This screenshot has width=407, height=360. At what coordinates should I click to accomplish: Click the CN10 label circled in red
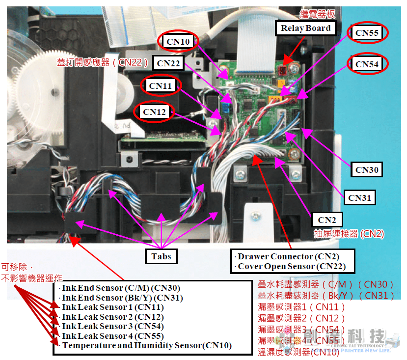pyautogui.click(x=178, y=41)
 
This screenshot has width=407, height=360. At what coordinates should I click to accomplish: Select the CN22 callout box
pyautogui.click(x=168, y=63)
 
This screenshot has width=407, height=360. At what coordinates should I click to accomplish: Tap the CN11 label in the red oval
pyautogui.click(x=160, y=85)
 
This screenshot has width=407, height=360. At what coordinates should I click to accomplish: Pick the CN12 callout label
pyautogui.click(x=154, y=112)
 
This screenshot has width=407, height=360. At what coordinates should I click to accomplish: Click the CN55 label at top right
pyautogui.click(x=367, y=33)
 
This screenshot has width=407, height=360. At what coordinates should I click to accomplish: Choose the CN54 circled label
pyautogui.click(x=367, y=64)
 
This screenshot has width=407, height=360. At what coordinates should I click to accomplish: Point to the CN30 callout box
pyautogui.click(x=367, y=170)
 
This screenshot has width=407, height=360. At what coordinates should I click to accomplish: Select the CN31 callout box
pyautogui.click(x=359, y=198)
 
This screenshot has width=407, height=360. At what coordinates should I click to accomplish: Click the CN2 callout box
pyautogui.click(x=327, y=220)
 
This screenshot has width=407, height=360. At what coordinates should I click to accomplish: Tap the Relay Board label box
pyautogui.click(x=305, y=28)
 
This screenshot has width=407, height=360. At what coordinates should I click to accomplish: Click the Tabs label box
pyautogui.click(x=161, y=256)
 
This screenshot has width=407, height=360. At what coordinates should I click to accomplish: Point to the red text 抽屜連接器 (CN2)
pyautogui.click(x=349, y=234)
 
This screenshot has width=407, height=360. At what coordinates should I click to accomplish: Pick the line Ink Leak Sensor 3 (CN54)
pyautogui.click(x=112, y=326)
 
